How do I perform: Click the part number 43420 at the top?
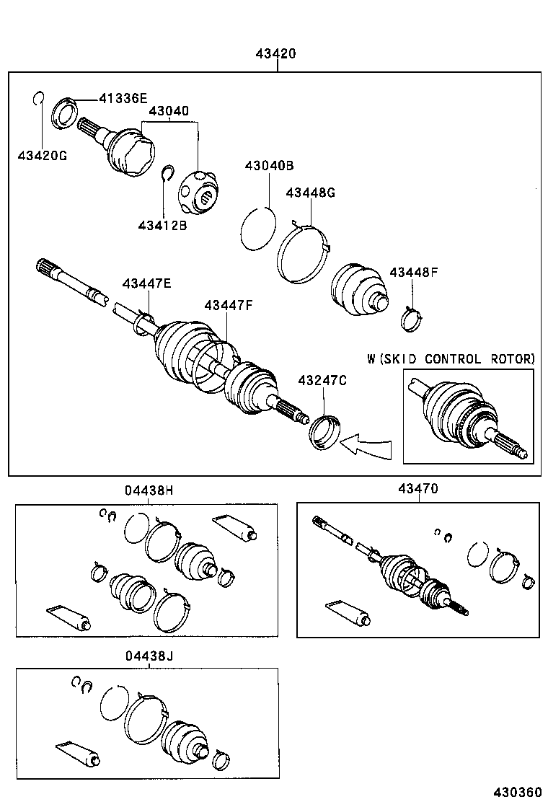275,54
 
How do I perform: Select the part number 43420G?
43,155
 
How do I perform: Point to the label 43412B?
162,225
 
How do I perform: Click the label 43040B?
269,165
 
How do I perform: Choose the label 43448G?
311,193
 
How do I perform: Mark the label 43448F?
414,272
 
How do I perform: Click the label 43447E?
146,284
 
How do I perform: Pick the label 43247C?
322,379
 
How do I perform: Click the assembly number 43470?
417,489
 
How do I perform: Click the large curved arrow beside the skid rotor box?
368,445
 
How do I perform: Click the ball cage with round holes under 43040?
200,193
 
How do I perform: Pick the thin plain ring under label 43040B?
257,229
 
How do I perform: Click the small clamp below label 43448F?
412,318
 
